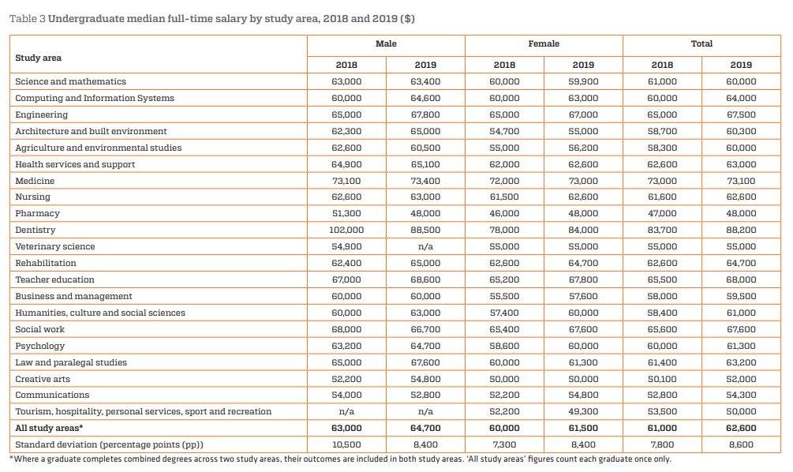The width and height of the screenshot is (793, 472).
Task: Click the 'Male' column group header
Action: [x=386, y=44]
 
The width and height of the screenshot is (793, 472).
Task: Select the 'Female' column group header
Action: [x=544, y=44]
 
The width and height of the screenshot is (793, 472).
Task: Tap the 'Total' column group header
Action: [x=701, y=44]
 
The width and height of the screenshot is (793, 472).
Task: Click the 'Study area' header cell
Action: [x=39, y=58]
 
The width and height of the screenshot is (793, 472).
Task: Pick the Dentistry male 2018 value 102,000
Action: [x=346, y=230]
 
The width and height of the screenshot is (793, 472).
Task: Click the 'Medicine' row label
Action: [x=35, y=181]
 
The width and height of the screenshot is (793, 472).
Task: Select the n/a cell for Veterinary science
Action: [x=425, y=247]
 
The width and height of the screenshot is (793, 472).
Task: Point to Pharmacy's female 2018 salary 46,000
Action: [x=504, y=213]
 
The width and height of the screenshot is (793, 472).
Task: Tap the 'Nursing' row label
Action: [x=33, y=197]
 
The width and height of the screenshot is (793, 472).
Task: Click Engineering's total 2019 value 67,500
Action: [x=741, y=114]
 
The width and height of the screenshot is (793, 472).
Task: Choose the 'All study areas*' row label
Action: [x=49, y=428]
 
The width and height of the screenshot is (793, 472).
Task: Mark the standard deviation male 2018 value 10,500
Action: [x=346, y=444]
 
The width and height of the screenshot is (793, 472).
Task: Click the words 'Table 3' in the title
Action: [x=28, y=19]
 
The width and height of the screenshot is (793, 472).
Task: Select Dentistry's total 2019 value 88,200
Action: [x=741, y=230]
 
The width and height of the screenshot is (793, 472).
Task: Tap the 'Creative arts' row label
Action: [x=43, y=379]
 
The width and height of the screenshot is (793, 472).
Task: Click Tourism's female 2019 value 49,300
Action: [x=583, y=412]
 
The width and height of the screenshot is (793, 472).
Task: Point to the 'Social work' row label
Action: [x=40, y=329]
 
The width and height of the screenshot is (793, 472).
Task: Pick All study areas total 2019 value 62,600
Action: [x=741, y=428]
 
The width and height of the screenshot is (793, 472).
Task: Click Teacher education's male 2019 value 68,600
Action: [x=425, y=279]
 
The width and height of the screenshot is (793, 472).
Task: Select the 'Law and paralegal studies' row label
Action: [x=71, y=363]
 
